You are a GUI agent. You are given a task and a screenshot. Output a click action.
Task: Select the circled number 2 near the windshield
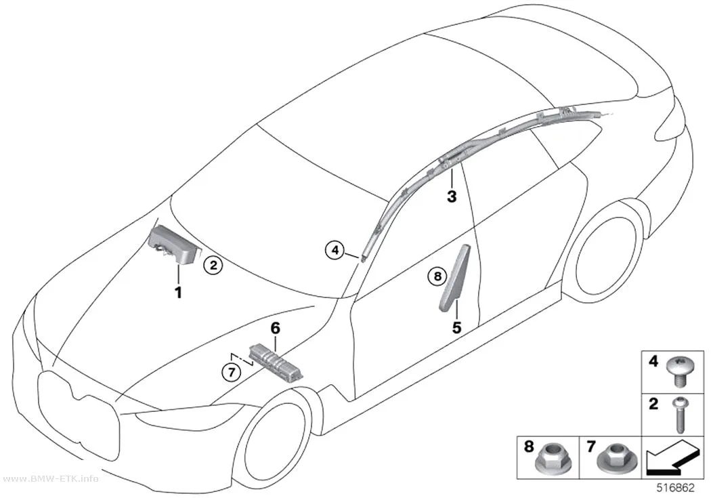point(213,265)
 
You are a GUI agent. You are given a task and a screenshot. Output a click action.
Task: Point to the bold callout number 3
point(452,197)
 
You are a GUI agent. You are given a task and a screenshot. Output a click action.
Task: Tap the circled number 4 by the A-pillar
point(335,250)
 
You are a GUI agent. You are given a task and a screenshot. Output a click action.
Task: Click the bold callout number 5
point(456,327)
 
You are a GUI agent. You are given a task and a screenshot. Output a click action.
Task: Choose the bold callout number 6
point(276,328)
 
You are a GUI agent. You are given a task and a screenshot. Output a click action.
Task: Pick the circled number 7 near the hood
point(232,373)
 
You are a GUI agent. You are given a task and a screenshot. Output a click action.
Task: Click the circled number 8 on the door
point(437,276)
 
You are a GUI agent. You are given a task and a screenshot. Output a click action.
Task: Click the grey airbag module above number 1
point(174,245)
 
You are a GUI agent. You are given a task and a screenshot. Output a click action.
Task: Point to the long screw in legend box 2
point(681,414)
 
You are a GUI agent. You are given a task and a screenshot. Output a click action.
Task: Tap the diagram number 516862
point(676,489)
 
